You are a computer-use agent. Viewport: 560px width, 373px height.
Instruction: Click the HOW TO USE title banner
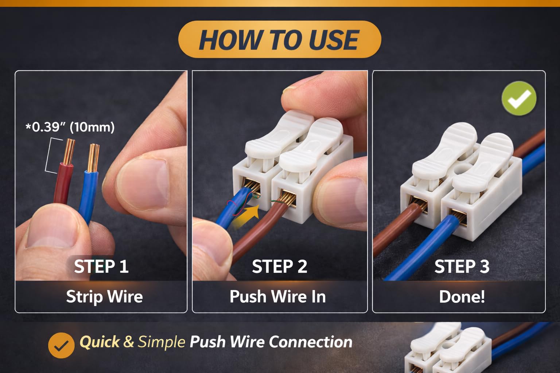tap(280, 39)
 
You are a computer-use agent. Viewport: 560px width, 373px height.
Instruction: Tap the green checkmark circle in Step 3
tap(519, 98)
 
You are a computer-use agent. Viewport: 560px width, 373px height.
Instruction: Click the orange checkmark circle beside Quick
tap(61, 345)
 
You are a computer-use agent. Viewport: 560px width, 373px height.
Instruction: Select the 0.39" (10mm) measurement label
tap(70, 127)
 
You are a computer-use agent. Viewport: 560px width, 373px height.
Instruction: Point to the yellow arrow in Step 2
tap(246, 216)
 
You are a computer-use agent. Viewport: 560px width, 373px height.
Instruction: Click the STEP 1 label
tap(101, 266)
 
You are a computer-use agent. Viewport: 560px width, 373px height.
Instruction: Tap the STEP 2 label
tap(280, 266)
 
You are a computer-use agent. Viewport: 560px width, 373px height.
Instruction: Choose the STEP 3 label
tap(462, 266)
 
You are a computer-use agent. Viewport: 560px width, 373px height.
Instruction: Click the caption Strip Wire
tap(105, 297)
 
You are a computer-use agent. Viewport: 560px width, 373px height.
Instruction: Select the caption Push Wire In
tap(278, 297)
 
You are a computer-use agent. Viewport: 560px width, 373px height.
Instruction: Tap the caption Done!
tap(462, 297)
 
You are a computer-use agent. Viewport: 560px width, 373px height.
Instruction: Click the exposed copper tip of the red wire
tap(69, 152)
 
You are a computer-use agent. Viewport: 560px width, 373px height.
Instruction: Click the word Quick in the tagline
tap(100, 342)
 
